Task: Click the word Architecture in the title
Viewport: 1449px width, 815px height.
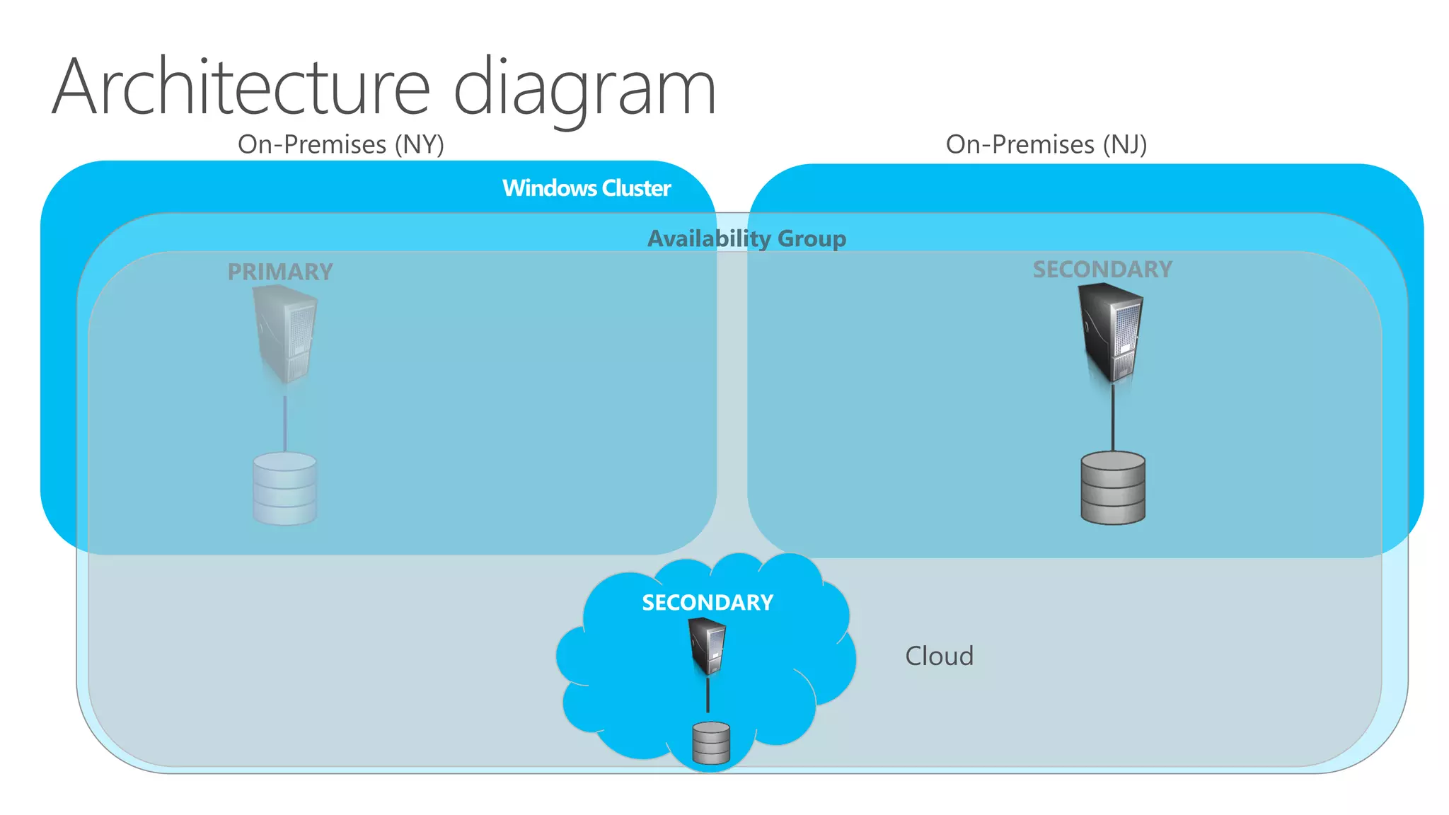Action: click(x=241, y=88)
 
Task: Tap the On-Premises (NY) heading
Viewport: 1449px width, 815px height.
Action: click(x=341, y=144)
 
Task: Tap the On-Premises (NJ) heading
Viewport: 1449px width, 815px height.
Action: click(x=1046, y=144)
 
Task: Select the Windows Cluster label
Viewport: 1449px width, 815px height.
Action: click(x=587, y=188)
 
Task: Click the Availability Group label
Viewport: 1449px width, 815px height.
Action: click(x=746, y=238)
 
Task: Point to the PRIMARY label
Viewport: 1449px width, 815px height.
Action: click(x=280, y=272)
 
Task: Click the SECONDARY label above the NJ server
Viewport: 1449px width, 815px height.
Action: click(x=1102, y=270)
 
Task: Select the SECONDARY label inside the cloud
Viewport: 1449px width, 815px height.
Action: click(x=708, y=603)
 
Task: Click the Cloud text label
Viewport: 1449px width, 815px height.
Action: click(x=939, y=656)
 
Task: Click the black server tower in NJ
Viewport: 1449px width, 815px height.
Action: click(x=1111, y=333)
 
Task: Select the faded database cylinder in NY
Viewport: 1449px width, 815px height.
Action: click(x=285, y=489)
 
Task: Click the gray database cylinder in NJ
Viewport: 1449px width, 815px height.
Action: click(x=1113, y=488)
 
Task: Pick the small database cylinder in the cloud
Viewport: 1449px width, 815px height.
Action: click(x=711, y=743)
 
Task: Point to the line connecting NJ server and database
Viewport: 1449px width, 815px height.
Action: click(x=1113, y=417)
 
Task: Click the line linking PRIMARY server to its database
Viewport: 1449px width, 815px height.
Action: click(x=285, y=423)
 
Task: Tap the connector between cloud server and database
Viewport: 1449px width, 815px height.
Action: click(x=708, y=695)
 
